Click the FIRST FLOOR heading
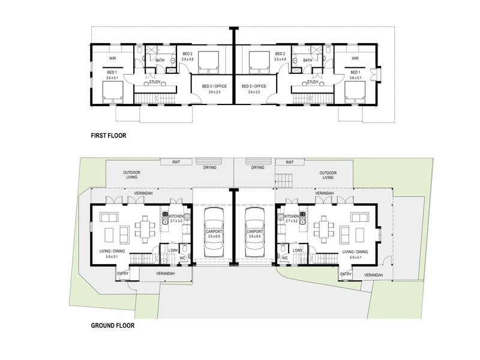[x=109, y=136]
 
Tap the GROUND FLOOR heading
[x=113, y=325]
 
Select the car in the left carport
[x=214, y=229]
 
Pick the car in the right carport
[x=254, y=229]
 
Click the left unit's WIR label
[x=112, y=58]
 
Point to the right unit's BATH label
[x=308, y=61]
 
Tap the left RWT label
[x=176, y=162]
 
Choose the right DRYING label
[x=258, y=167]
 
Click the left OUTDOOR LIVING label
[x=132, y=175]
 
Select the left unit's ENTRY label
[x=123, y=274]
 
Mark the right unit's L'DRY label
[x=298, y=250]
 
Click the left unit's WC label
[x=182, y=258]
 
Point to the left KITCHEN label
[x=176, y=216]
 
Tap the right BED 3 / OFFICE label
[x=254, y=86]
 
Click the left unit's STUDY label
[x=155, y=82]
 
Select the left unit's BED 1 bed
[x=113, y=92]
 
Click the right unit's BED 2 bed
[x=259, y=62]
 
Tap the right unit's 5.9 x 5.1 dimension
[x=356, y=257]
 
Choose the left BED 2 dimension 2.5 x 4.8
[x=188, y=59]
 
